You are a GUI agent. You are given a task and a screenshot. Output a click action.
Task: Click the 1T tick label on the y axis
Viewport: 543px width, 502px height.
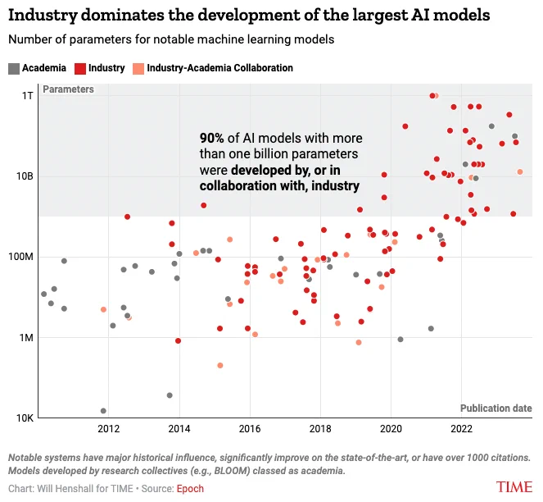pyautogui.click(x=27, y=96)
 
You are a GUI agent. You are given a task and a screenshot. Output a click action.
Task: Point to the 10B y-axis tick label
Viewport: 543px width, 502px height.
pyautogui.click(x=25, y=176)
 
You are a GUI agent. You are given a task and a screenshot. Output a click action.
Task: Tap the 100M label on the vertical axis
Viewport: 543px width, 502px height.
pyautogui.click(x=21, y=257)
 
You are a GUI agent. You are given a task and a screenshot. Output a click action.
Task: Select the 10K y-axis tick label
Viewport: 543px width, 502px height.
pyautogui.click(x=25, y=418)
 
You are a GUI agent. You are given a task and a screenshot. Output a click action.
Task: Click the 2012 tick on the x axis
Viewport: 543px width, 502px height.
pyautogui.click(x=109, y=429)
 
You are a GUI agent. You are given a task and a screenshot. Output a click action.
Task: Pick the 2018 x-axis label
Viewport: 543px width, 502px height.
pyautogui.click(x=320, y=429)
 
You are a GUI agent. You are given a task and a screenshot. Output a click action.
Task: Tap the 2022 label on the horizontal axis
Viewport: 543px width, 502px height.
pyautogui.click(x=462, y=429)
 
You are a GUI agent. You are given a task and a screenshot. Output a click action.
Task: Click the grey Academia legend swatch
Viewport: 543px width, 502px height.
pyautogui.click(x=14, y=68)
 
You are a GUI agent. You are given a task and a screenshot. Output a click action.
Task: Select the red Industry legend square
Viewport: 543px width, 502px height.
pyautogui.click(x=80, y=68)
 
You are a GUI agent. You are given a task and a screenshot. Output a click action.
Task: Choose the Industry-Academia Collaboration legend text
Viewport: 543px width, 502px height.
pyautogui.click(x=219, y=68)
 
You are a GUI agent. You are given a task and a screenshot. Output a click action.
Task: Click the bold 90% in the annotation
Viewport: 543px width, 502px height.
pyautogui.click(x=211, y=138)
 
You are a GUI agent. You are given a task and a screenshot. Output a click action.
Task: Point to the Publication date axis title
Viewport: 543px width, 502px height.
pyautogui.click(x=495, y=408)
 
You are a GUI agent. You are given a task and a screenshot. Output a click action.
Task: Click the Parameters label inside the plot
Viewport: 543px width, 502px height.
pyautogui.click(x=68, y=89)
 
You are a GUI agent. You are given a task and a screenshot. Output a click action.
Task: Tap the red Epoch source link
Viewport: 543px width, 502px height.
pyautogui.click(x=190, y=489)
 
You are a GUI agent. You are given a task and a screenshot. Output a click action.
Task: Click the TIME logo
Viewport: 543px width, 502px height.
pyautogui.click(x=514, y=487)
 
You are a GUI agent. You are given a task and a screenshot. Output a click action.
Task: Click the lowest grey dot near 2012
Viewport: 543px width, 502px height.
pyautogui.click(x=103, y=411)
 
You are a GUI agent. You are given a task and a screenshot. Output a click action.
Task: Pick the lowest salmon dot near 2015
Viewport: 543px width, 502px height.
pyautogui.click(x=219, y=365)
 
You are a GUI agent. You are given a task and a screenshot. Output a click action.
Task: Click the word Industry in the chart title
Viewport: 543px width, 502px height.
pyautogui.click(x=43, y=16)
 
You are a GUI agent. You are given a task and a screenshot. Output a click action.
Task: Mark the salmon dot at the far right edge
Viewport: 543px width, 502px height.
pyautogui.click(x=520, y=171)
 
